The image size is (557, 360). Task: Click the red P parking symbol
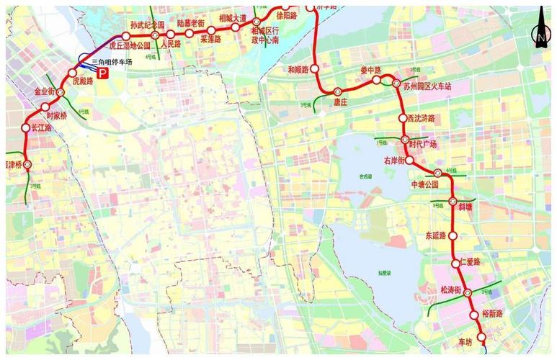tap(103, 83)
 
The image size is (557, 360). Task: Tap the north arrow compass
tap(540, 30)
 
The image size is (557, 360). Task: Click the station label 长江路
tap(43, 127)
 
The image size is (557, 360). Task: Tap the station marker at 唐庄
tap(337, 91)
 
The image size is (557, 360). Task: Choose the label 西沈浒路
tap(421, 117)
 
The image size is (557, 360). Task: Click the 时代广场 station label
tap(423, 143)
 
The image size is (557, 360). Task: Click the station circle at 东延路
tap(453, 235)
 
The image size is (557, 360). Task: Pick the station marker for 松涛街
tap(467, 292)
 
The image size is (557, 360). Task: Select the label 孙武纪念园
tap(148, 24)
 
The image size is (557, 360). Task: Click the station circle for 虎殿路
tap(72, 73)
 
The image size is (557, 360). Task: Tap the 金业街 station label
tap(45, 92)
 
